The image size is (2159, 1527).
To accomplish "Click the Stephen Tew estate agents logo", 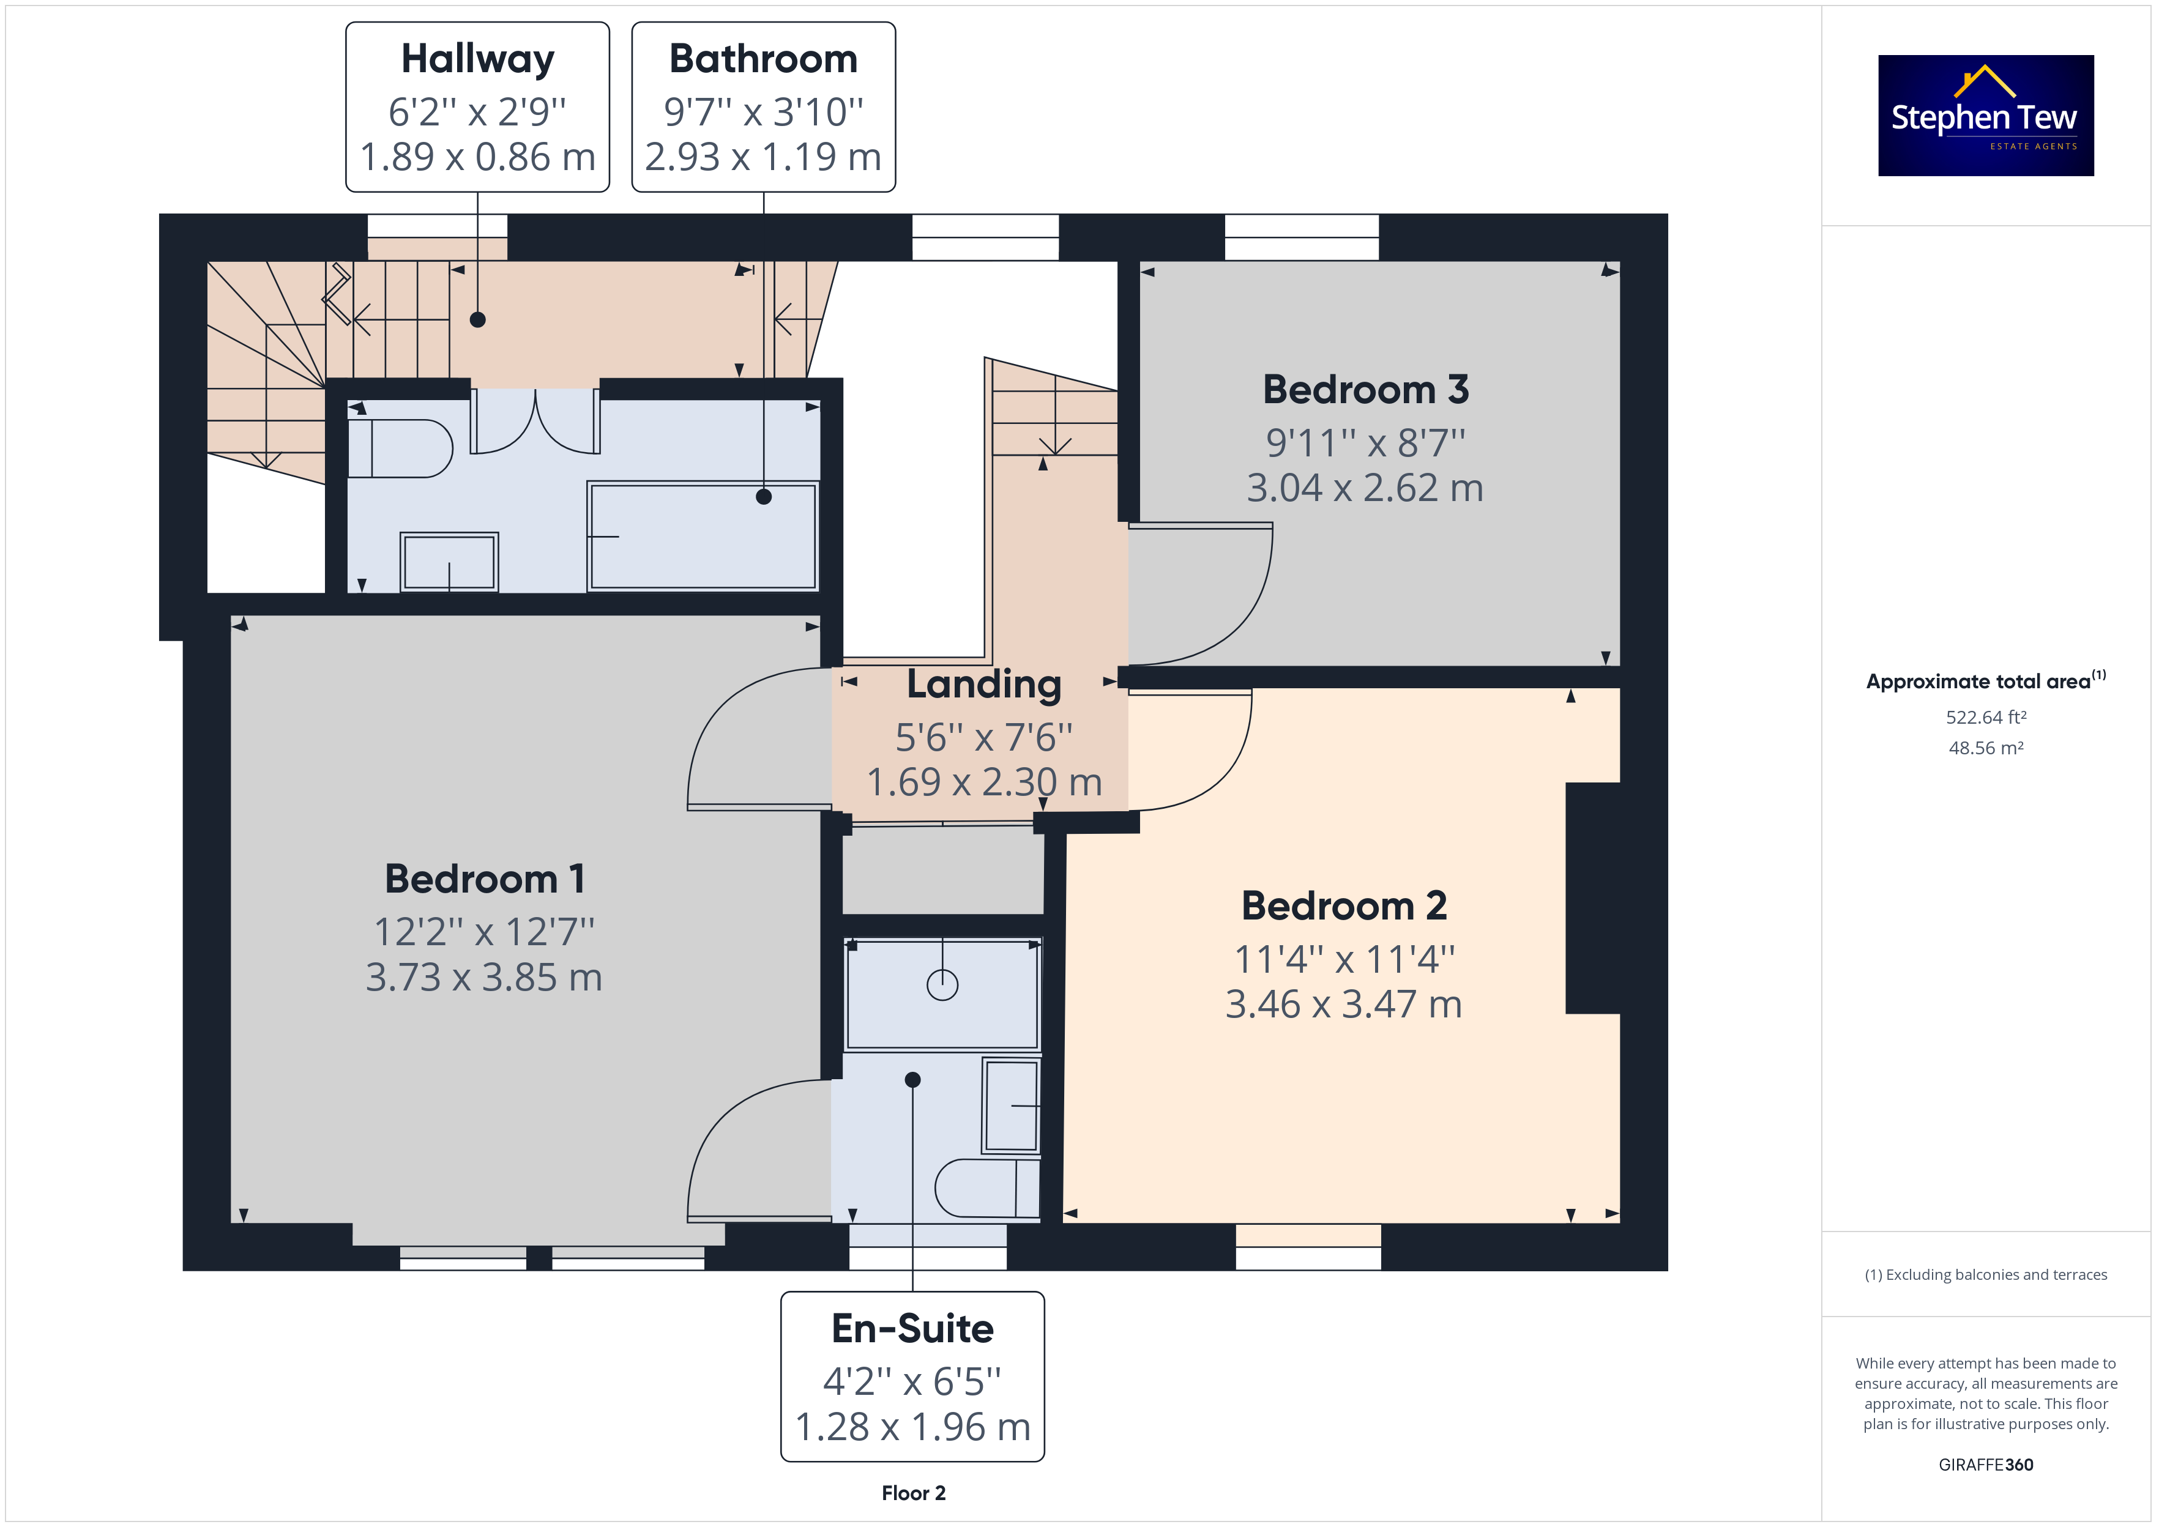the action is (x=1985, y=115).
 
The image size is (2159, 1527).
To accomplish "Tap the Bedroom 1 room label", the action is (x=485, y=879).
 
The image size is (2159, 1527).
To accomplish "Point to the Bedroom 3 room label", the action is (x=1365, y=389).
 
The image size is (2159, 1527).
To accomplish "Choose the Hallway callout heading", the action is (x=478, y=59).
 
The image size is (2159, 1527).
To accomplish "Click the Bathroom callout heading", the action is (x=764, y=59).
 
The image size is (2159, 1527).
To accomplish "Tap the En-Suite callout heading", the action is (x=912, y=1329).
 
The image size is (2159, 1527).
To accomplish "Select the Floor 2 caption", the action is (x=913, y=1493).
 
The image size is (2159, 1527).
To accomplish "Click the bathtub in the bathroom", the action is (x=703, y=536).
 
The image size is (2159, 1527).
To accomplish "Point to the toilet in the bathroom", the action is (x=400, y=448).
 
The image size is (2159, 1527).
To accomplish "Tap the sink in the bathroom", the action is (x=449, y=562).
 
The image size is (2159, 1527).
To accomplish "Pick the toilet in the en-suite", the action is (x=987, y=1189).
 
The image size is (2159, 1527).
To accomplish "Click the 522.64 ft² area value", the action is (x=1986, y=718).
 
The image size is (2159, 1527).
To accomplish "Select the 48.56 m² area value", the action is (x=1986, y=748).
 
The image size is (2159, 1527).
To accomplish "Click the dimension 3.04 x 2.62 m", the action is (x=1365, y=488).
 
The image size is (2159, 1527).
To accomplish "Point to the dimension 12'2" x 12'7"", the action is (x=485, y=932).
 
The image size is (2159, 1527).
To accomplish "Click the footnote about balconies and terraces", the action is (x=1986, y=1275).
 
